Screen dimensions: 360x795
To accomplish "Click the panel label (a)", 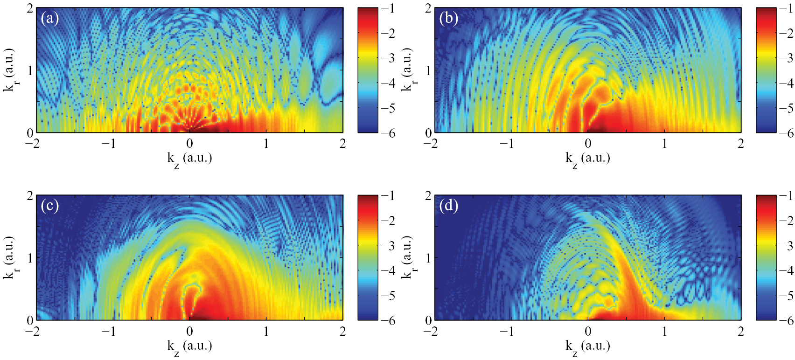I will point(49,19).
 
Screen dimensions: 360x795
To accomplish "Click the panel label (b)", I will point(448,19).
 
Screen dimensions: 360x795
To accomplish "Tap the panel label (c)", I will point(49,206).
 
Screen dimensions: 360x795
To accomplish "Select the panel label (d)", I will point(448,206).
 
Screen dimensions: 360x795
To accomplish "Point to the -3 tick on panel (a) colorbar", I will point(388,58).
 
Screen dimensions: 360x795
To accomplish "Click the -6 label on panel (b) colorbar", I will point(787,133).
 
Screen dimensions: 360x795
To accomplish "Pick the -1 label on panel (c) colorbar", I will point(388,196).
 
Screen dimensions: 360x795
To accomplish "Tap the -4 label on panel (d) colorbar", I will point(787,270).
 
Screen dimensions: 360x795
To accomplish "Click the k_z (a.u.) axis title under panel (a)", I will point(189,159).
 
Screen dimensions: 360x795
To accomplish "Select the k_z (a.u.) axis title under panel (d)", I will point(588,346).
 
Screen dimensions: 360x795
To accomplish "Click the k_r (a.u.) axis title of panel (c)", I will point(9,257).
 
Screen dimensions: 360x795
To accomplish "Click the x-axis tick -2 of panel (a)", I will point(33,144).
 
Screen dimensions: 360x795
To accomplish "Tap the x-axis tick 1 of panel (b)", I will point(664,144).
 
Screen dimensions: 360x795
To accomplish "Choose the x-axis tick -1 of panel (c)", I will point(109,331).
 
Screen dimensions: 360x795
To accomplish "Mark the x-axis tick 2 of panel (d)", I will point(741,331).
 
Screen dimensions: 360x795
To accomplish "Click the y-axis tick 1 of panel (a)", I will point(30,70).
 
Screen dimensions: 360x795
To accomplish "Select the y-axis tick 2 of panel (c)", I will point(30,196).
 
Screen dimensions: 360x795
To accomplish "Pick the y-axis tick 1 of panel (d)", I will point(428,258).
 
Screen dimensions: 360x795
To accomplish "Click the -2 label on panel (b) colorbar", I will point(787,34).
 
